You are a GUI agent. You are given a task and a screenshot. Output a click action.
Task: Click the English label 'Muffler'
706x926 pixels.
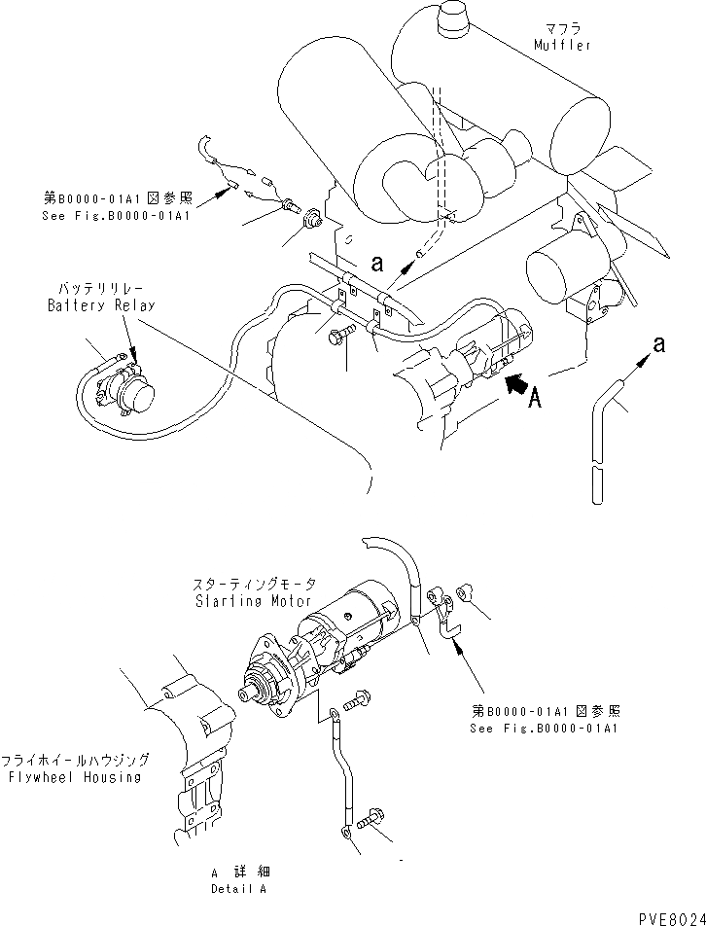coord(562,45)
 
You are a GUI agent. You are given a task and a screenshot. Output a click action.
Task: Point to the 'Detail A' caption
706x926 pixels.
coord(239,888)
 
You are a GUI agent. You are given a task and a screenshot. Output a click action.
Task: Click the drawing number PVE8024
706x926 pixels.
coord(668,914)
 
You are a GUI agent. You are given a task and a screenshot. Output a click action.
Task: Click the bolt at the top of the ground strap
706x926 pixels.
coord(354,697)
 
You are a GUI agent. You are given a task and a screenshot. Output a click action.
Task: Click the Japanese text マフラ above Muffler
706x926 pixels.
coord(562,28)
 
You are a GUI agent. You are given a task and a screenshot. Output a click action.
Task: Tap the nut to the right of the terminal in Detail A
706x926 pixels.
coord(464,589)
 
